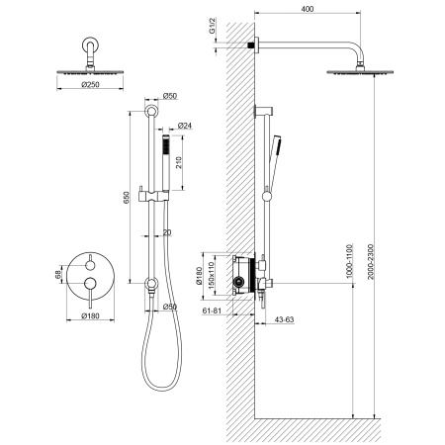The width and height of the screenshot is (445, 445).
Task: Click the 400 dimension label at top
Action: point(308,9)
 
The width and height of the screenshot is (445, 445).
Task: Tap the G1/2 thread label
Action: point(213,26)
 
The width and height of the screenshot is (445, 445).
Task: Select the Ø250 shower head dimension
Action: point(90,85)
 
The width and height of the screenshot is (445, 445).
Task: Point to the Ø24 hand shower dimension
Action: point(185,126)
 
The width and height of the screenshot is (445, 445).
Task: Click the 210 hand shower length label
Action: point(178,162)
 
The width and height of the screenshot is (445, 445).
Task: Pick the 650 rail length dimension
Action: point(127,197)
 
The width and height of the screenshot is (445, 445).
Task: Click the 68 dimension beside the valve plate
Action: point(58,274)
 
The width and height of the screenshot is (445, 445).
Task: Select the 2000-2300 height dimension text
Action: point(371,262)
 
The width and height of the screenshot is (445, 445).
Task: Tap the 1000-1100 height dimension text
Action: point(350,261)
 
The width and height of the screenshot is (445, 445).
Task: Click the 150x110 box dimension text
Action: point(212,274)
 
